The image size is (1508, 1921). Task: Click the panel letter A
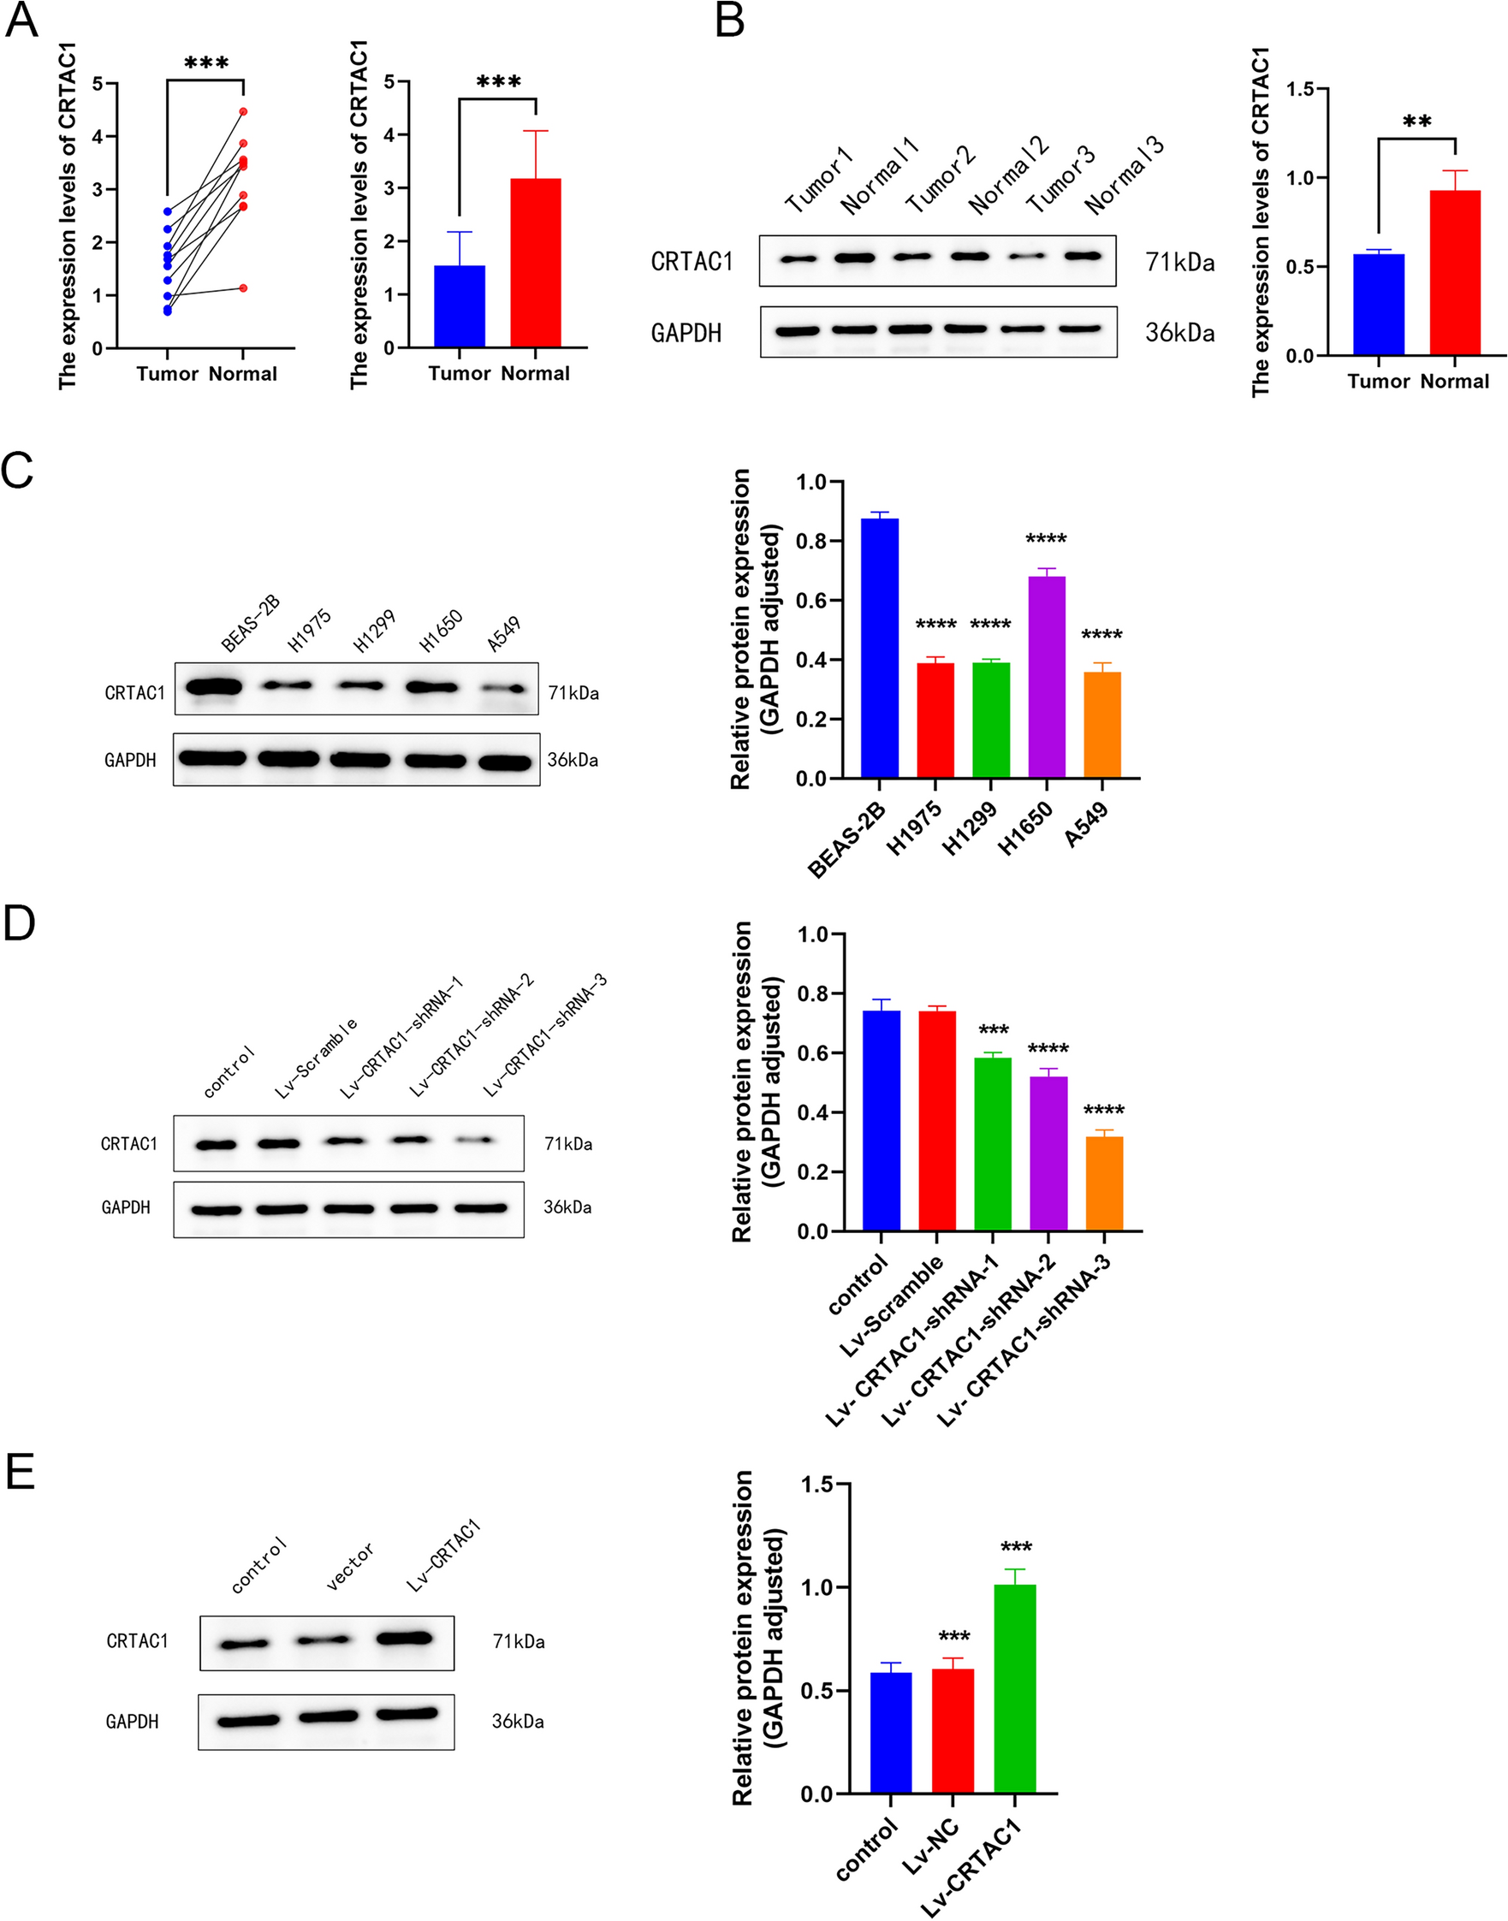(x=21, y=20)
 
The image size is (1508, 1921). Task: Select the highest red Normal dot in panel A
(x=243, y=111)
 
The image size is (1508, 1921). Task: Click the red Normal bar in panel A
(x=535, y=263)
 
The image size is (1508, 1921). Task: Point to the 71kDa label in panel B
(x=1179, y=262)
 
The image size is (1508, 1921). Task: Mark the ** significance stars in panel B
(x=1416, y=122)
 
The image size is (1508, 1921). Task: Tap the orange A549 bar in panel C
(x=1101, y=725)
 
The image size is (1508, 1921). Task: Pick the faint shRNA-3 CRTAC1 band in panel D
(x=475, y=1141)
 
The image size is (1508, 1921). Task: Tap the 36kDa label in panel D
(x=567, y=1207)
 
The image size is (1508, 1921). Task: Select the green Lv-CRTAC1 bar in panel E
(x=1014, y=1689)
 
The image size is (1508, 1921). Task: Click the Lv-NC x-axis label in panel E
(x=930, y=1846)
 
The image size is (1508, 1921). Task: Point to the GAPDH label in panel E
(x=132, y=1722)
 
